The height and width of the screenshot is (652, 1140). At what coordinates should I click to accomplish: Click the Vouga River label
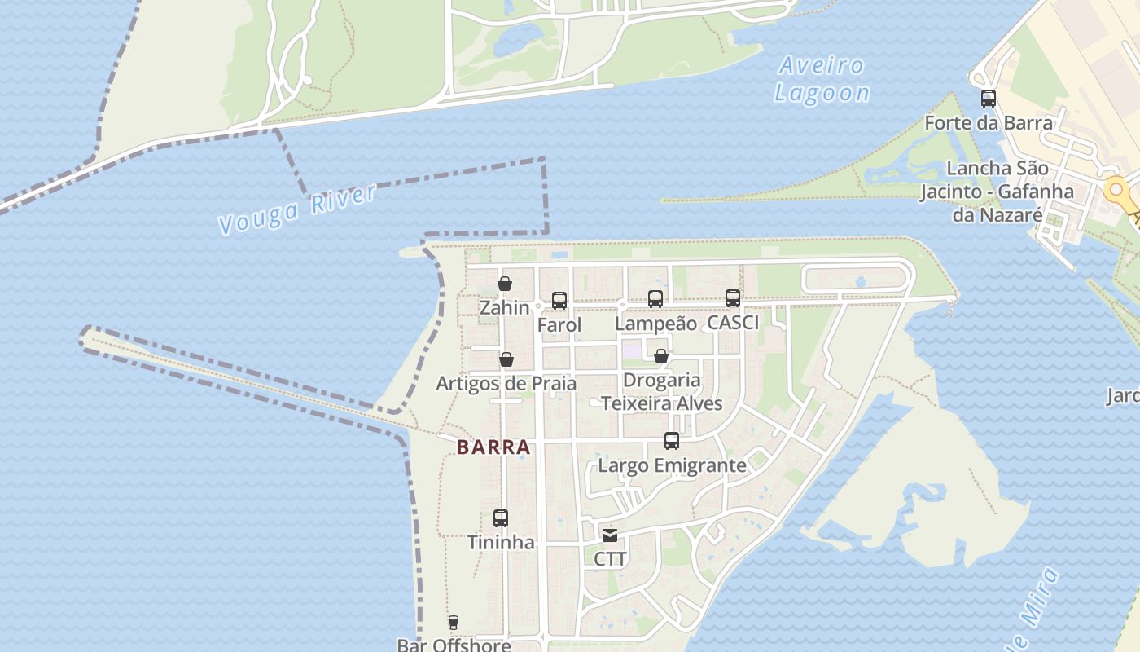click(x=298, y=209)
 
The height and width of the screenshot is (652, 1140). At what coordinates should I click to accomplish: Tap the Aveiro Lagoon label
click(x=821, y=79)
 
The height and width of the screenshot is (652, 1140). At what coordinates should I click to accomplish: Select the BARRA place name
click(x=493, y=447)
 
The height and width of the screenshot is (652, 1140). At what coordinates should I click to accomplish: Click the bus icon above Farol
click(x=559, y=301)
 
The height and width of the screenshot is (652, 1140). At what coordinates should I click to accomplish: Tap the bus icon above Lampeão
click(x=655, y=299)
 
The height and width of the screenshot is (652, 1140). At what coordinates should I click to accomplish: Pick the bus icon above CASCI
click(x=733, y=298)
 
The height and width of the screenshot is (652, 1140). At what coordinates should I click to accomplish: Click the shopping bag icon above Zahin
click(x=505, y=284)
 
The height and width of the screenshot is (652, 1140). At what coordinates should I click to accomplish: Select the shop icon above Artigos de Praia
click(x=506, y=359)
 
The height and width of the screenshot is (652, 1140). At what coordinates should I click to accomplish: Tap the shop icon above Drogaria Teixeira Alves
click(x=661, y=356)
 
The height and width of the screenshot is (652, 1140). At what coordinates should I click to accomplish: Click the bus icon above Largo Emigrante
click(x=672, y=441)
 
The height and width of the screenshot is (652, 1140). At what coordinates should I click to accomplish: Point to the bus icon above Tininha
click(x=501, y=518)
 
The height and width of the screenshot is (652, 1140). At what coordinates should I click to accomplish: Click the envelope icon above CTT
click(x=610, y=535)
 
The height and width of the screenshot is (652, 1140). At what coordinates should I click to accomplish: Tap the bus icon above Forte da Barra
click(x=989, y=99)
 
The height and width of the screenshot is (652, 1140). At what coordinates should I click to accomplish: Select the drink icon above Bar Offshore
click(x=454, y=623)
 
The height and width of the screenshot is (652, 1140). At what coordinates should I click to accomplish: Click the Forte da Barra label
click(x=989, y=123)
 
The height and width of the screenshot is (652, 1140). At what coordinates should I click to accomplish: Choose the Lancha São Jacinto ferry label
click(x=997, y=192)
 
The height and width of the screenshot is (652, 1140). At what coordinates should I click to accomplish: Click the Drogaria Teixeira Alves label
click(x=662, y=392)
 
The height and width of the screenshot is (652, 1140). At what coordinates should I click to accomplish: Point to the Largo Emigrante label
click(x=672, y=465)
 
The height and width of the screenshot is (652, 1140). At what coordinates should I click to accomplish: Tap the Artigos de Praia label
click(x=506, y=383)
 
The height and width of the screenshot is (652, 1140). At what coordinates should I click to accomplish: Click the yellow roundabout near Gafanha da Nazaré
click(x=1116, y=191)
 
